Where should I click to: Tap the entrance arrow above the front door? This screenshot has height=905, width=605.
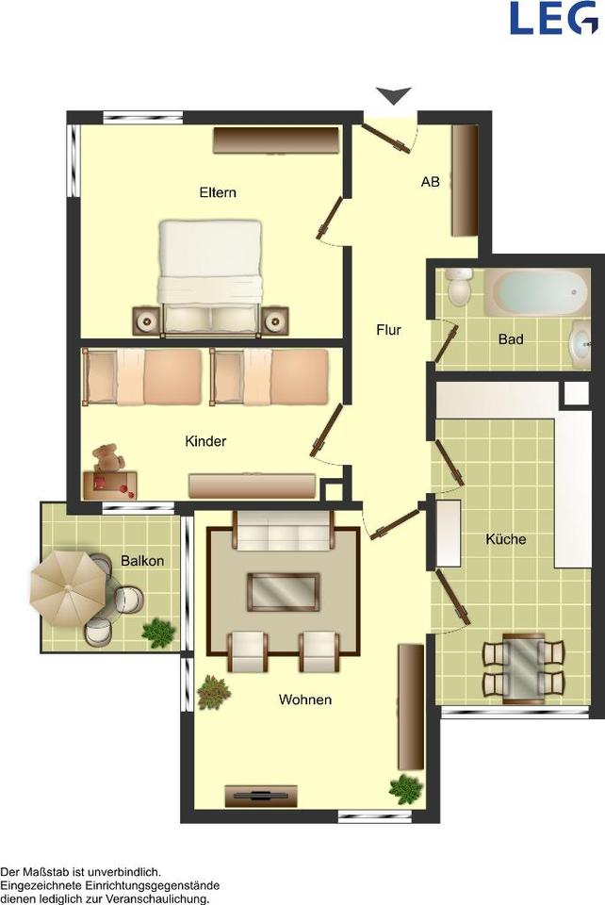tap(394, 95)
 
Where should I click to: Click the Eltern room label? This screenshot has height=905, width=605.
tap(218, 192)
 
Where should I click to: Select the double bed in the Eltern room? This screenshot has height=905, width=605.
tap(210, 277)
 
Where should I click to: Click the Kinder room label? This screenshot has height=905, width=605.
tap(205, 441)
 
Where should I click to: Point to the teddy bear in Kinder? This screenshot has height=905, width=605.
tap(107, 458)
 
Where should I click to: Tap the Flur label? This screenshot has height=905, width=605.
tap(388, 330)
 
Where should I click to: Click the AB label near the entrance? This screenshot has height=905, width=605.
tap(431, 182)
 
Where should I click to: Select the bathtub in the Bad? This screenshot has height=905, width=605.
tap(537, 292)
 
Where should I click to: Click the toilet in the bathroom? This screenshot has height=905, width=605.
tap(460, 287)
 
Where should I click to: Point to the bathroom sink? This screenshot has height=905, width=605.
tap(580, 345)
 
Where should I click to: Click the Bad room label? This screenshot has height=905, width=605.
tap(511, 338)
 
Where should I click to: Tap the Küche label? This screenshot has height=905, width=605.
tap(506, 539)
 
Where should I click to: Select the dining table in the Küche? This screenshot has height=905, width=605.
tap(523, 668)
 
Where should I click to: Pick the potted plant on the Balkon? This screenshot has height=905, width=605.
tap(158, 631)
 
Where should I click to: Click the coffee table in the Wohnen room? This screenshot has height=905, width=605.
tap(283, 592)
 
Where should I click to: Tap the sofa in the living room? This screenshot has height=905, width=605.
tap(283, 531)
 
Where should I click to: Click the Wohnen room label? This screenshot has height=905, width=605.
tap(305, 699)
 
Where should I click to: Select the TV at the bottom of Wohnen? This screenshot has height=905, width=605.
tap(261, 796)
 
